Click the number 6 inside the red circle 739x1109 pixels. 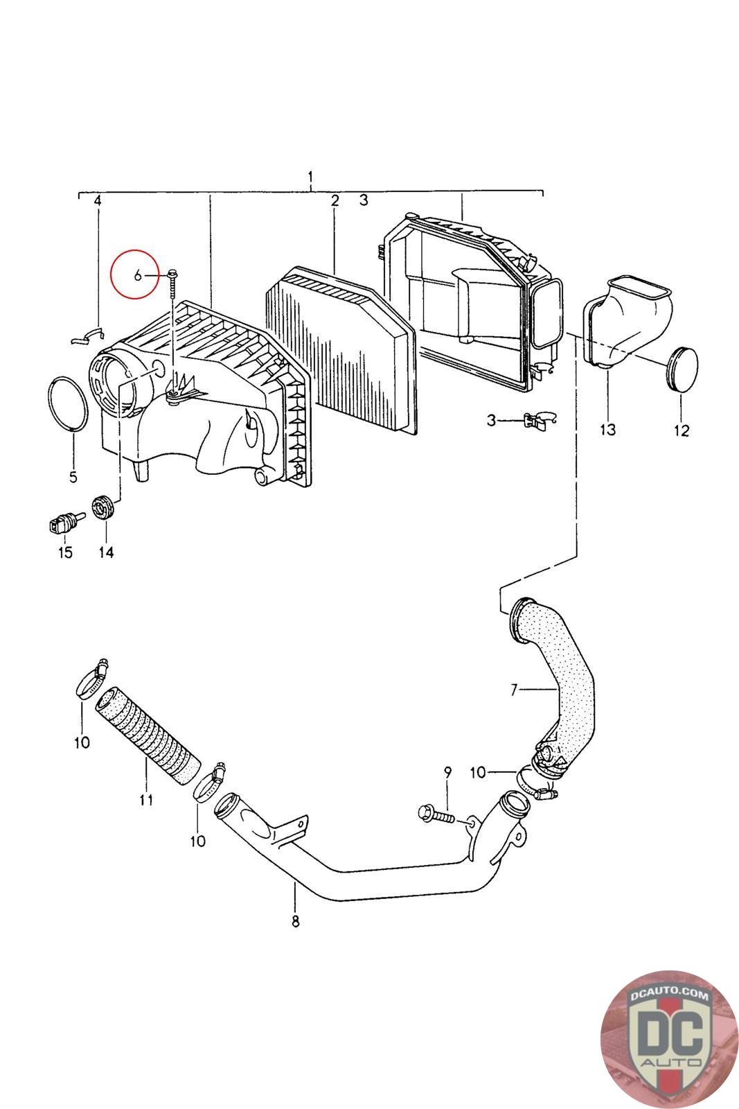(138, 274)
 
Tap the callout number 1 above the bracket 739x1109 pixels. (310, 177)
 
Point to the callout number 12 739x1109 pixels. (682, 430)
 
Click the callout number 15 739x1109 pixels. (65, 552)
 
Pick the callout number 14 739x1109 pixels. (107, 552)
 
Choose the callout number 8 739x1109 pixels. (295, 921)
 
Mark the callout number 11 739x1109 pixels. (146, 800)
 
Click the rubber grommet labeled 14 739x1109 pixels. (103, 507)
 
